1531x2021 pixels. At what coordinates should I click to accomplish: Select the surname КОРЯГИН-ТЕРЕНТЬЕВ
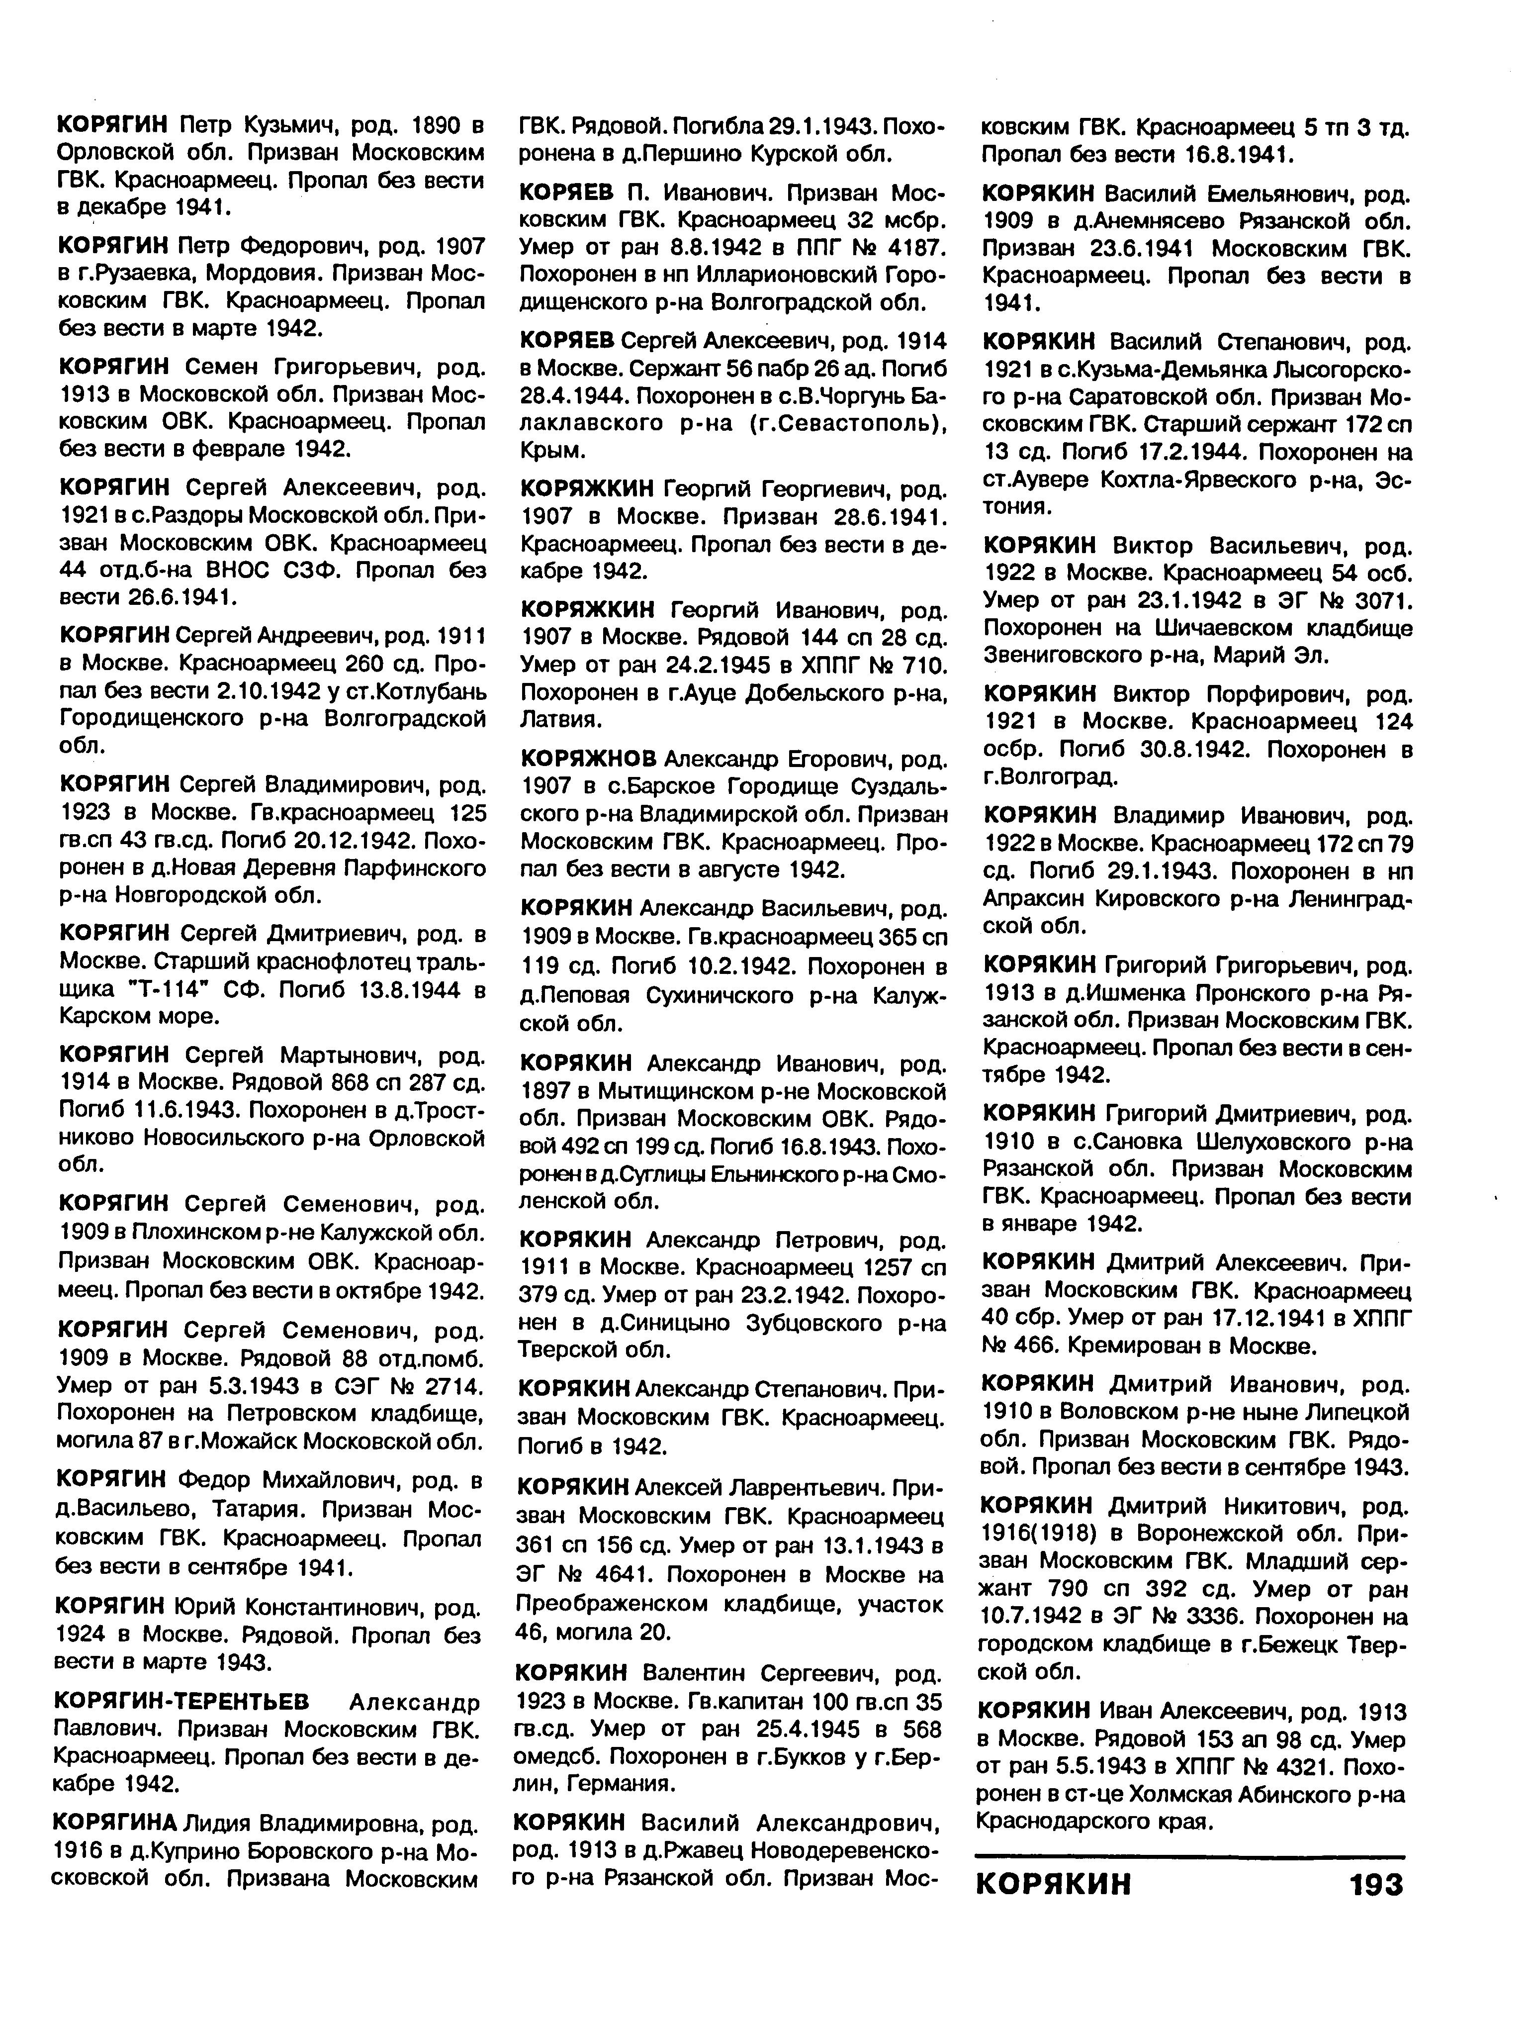point(182,1701)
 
